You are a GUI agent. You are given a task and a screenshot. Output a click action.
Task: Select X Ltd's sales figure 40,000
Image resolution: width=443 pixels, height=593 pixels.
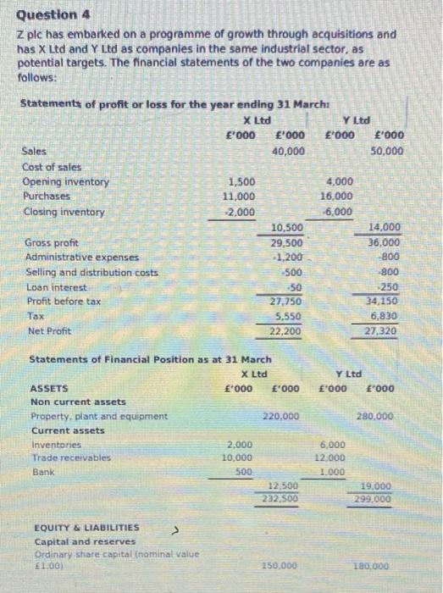(x=289, y=151)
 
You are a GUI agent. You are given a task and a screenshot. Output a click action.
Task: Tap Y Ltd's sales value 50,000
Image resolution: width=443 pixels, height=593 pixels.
(x=387, y=152)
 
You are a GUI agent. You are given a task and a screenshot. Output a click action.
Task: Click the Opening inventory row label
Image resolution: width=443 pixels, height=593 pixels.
(x=66, y=182)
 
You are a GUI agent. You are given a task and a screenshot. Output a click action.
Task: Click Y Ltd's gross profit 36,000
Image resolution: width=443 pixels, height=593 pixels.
(x=386, y=242)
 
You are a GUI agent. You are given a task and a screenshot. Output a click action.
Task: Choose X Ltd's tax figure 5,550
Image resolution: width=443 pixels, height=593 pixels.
(x=291, y=315)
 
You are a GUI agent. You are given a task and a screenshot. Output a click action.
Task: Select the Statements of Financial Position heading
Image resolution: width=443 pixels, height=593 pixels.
(x=150, y=360)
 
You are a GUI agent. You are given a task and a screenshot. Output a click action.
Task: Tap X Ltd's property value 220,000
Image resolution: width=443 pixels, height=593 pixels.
(x=280, y=417)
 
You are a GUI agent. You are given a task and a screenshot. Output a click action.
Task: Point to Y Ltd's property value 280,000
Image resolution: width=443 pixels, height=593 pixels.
(x=375, y=417)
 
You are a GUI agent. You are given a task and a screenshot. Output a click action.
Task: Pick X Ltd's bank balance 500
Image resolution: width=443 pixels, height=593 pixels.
(x=242, y=471)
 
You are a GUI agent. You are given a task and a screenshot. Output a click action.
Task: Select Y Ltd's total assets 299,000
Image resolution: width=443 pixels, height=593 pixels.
(x=374, y=500)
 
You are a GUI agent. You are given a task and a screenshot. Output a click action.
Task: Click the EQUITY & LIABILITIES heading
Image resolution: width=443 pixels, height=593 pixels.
(x=86, y=527)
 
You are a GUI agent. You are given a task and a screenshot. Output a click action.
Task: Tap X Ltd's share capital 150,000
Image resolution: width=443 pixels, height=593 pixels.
(x=280, y=565)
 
